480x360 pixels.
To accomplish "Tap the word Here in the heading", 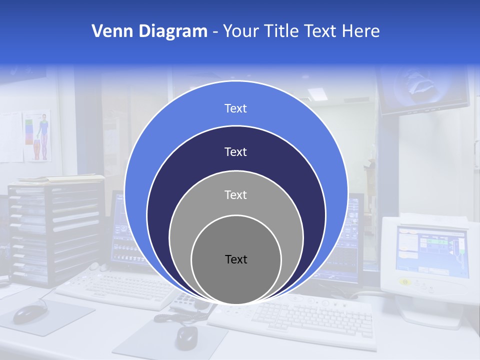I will pyautogui.click(x=360, y=31).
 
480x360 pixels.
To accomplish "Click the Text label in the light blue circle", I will pyautogui.click(x=235, y=108).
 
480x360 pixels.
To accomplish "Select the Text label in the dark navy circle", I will pyautogui.click(x=235, y=152).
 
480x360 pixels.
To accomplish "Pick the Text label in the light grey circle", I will pyautogui.click(x=235, y=195).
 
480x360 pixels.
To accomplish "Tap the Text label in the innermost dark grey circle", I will pyautogui.click(x=236, y=259).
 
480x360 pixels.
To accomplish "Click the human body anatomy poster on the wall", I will pyautogui.click(x=38, y=135).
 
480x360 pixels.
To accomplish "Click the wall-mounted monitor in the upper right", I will pyautogui.click(x=424, y=90).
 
